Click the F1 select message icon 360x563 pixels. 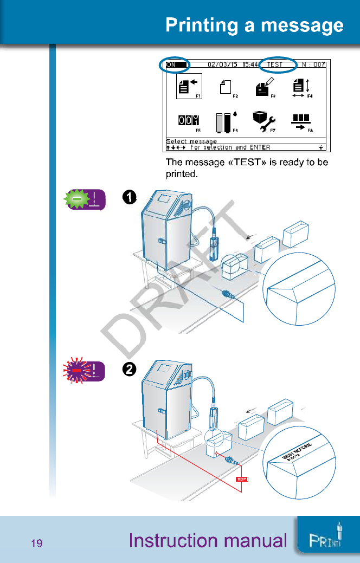point(188,86)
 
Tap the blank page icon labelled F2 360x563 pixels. point(227,87)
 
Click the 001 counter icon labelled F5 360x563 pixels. point(188,122)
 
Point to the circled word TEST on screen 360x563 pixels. point(275,64)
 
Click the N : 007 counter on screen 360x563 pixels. point(314,64)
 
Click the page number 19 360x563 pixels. point(37,543)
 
